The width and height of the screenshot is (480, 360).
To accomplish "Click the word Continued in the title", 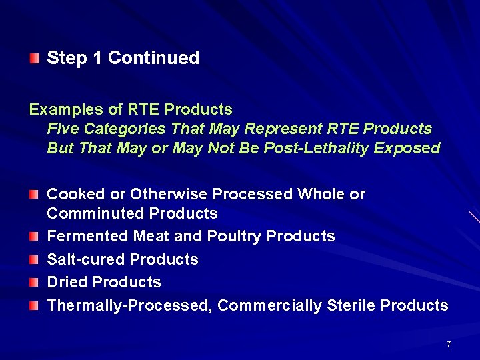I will (153, 58).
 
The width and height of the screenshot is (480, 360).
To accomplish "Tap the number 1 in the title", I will (97, 58).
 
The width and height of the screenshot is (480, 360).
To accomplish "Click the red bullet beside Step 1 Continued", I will (35, 58).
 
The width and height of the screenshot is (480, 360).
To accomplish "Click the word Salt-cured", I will (86, 259).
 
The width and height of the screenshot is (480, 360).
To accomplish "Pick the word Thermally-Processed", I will (129, 305).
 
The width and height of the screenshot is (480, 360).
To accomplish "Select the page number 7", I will (449, 345).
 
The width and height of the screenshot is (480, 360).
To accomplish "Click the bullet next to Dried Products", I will (35, 283).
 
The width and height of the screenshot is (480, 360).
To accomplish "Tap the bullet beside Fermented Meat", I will (35, 237).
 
